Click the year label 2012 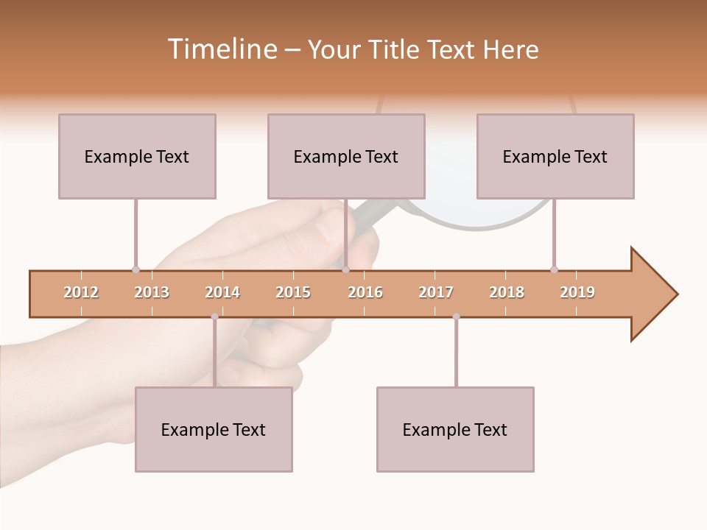tap(81, 292)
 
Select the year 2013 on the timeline tap(152, 292)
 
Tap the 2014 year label tap(222, 292)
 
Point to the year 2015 tap(293, 292)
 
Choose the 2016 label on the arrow tap(365, 292)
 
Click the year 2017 tap(436, 292)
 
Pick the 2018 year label tap(507, 292)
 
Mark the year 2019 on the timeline tap(577, 292)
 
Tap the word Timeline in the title tap(222, 49)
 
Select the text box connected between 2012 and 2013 tap(137, 156)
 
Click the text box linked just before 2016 tap(346, 156)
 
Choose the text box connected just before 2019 tap(555, 156)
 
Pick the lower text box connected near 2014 tap(214, 429)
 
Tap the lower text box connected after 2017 tap(455, 429)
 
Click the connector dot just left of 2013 tap(136, 269)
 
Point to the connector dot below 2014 tap(214, 317)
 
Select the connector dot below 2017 tap(456, 317)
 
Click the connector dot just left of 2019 tap(554, 269)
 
